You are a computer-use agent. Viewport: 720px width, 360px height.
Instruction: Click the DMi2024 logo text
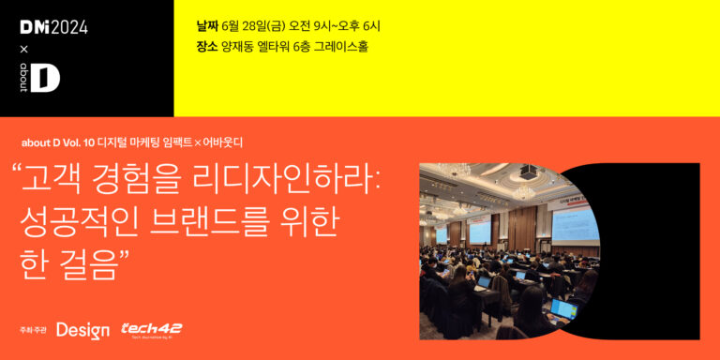[x=53, y=27]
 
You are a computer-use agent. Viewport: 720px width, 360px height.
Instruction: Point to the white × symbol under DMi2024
[x=24, y=49]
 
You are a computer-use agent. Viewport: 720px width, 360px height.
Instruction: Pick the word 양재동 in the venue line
[x=237, y=46]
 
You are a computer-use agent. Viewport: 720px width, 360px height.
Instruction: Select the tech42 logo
[x=151, y=329]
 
